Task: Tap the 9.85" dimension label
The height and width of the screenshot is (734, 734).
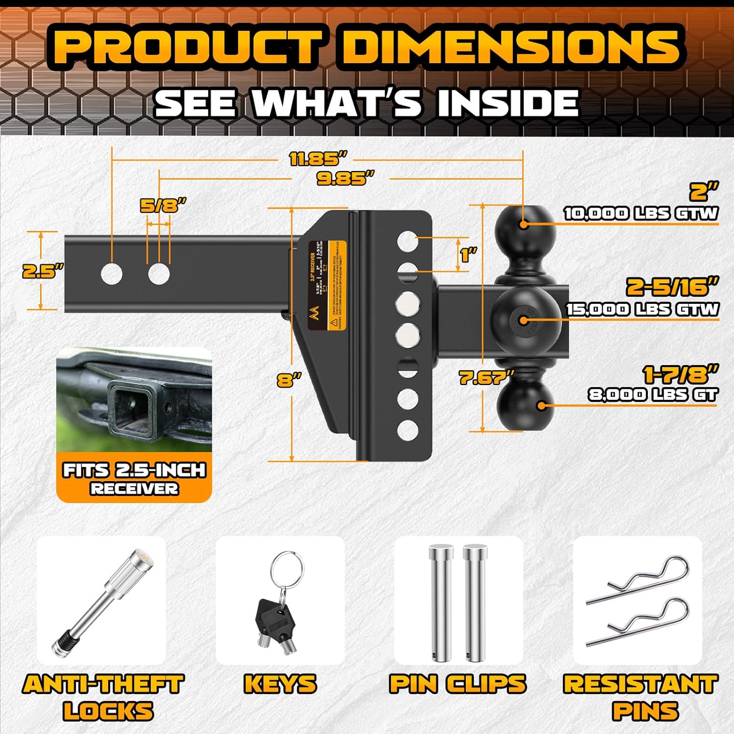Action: [345, 179]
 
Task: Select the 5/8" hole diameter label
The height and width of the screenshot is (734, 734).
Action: [163, 206]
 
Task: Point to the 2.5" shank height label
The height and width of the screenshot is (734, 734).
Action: [43, 271]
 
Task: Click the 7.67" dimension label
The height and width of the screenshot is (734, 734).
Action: [486, 378]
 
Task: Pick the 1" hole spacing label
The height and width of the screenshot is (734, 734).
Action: [468, 254]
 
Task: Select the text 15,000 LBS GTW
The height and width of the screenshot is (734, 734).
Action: [642, 309]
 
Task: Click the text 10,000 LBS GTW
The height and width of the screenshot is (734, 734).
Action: [641, 213]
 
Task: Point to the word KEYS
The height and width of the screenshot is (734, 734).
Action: [280, 684]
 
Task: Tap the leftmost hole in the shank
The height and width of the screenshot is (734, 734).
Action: [112, 274]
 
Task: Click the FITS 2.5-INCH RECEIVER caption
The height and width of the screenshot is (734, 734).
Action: [134, 478]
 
